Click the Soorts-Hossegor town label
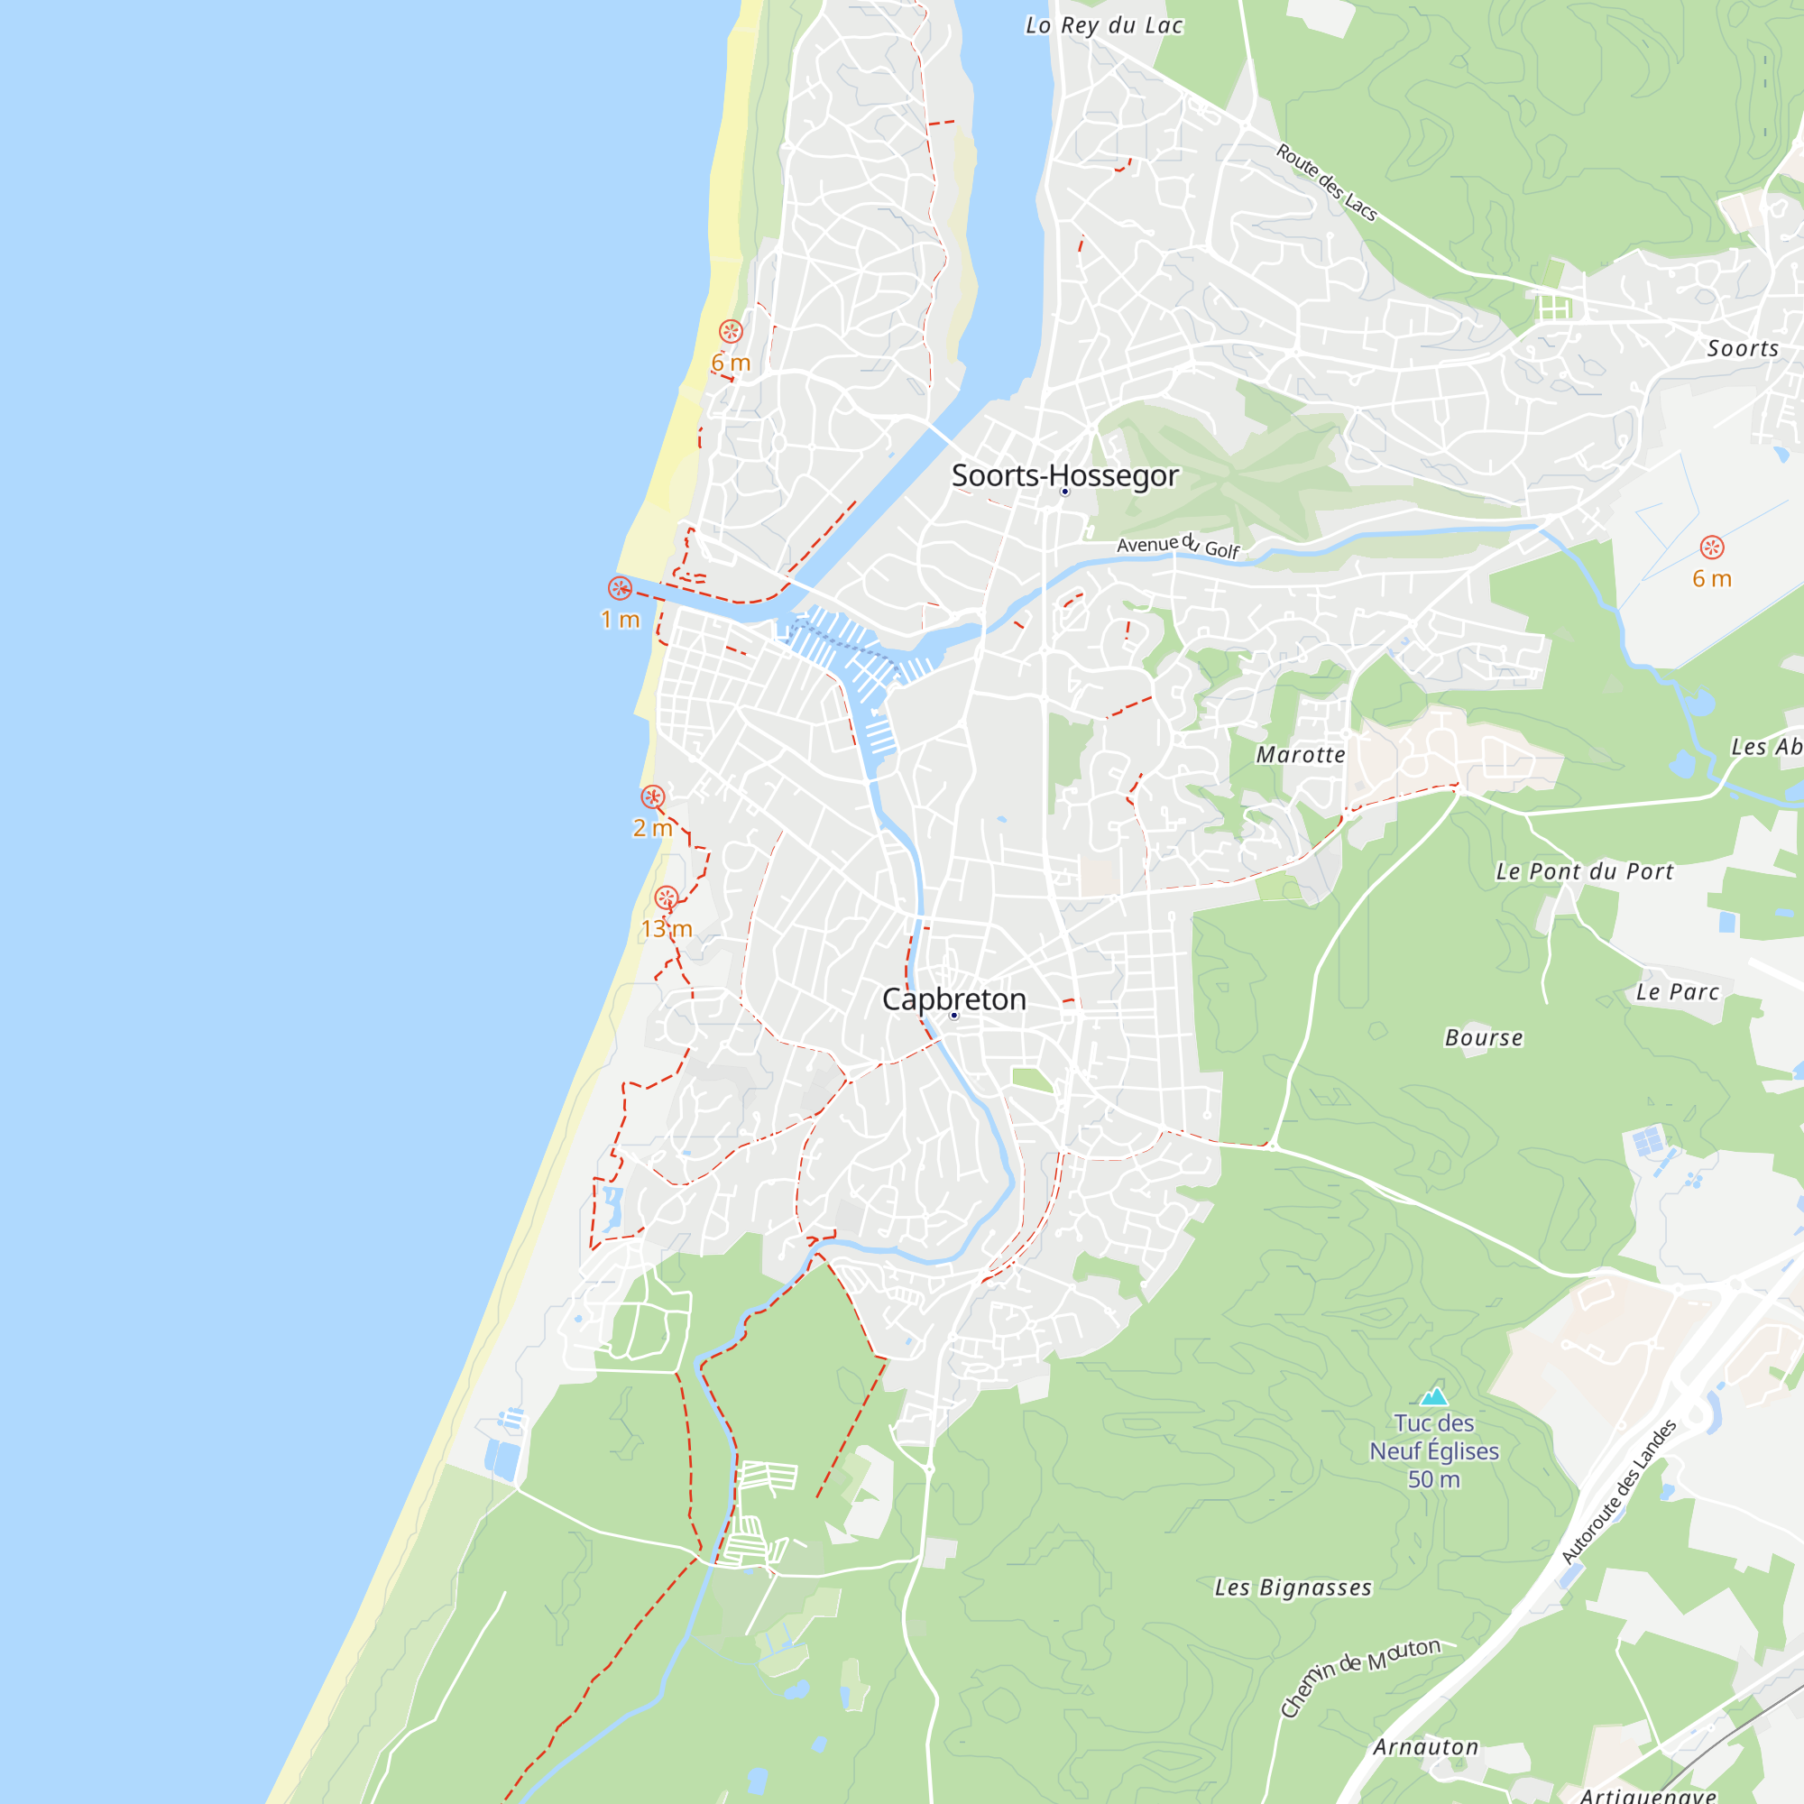pos(1064,475)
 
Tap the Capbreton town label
pos(953,999)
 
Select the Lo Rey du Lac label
pos(1104,25)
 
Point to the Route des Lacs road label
pos(1327,182)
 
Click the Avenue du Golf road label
pos(1177,546)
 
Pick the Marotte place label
pos(1301,754)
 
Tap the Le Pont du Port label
pos(1585,871)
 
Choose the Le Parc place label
pos(1677,991)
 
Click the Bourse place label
pos(1484,1037)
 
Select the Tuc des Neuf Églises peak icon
pos(1434,1395)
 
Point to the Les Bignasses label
pos(1293,1588)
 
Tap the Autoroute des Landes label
pos(1619,1492)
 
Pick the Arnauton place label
pos(1426,1747)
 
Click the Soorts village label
pos(1743,348)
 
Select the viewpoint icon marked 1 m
pos(620,588)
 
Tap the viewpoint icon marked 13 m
pos(666,897)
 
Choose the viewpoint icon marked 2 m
pos(653,796)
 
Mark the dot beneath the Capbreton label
pos(953,1015)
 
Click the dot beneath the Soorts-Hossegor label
pos(1064,492)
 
